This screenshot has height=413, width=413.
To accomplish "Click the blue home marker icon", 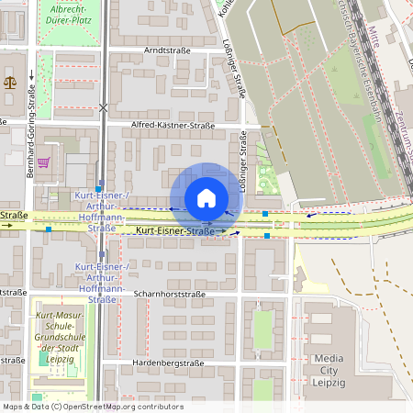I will click(x=206, y=197).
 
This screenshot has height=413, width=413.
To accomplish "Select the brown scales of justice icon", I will click(x=10, y=81).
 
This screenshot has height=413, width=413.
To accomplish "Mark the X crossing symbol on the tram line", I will click(x=103, y=108).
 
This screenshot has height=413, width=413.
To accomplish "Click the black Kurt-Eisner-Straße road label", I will click(x=174, y=232).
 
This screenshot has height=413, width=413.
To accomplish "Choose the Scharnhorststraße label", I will click(x=167, y=295).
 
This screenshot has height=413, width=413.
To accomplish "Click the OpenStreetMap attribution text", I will click(x=93, y=407).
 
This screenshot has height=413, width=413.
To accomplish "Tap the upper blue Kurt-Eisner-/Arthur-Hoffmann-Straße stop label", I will click(x=101, y=213).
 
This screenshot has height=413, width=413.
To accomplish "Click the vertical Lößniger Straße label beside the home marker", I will click(x=243, y=162).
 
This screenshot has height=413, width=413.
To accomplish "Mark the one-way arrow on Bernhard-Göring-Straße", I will click(x=30, y=77).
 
